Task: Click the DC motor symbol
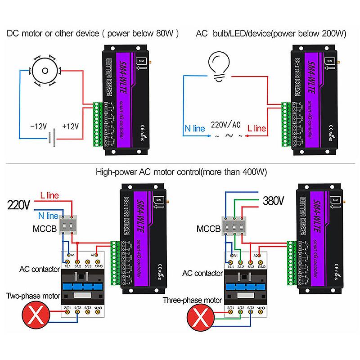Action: (44, 71)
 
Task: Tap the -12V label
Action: (38, 127)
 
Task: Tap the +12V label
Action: (71, 127)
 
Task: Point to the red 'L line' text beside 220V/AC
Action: (257, 128)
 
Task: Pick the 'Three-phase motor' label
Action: (192, 300)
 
